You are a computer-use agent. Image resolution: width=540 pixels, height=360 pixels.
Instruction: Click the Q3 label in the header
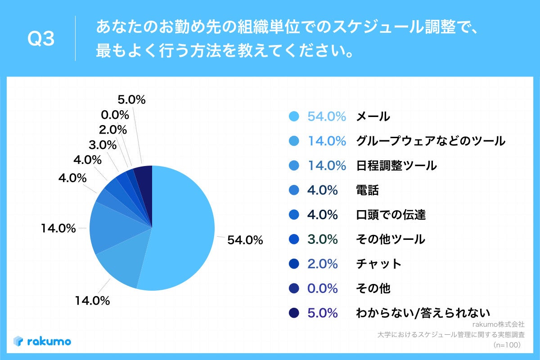click(x=41, y=40)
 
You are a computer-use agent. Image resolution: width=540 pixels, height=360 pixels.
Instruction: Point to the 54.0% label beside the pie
click(x=245, y=240)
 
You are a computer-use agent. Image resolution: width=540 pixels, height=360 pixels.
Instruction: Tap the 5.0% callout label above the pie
click(x=131, y=100)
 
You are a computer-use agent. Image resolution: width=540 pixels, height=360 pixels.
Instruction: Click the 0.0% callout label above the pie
click(x=115, y=115)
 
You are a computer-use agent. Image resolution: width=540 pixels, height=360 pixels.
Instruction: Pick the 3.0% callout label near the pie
click(x=102, y=145)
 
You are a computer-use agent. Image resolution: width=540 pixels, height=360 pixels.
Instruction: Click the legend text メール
click(x=373, y=117)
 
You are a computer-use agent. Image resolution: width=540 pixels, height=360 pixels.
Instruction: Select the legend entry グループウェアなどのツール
click(x=431, y=141)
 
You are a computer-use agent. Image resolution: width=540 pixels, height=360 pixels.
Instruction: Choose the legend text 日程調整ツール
click(x=396, y=166)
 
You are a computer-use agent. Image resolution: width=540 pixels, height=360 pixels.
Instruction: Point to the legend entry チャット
click(x=378, y=264)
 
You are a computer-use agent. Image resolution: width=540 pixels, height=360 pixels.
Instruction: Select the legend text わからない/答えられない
click(x=423, y=313)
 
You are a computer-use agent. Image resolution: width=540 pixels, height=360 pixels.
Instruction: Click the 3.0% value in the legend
click(x=323, y=239)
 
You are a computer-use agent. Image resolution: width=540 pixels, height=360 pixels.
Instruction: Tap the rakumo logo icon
click(x=18, y=342)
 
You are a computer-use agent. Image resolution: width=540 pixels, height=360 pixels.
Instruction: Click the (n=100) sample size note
click(x=507, y=345)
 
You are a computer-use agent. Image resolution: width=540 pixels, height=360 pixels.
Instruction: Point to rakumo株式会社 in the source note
click(x=499, y=324)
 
